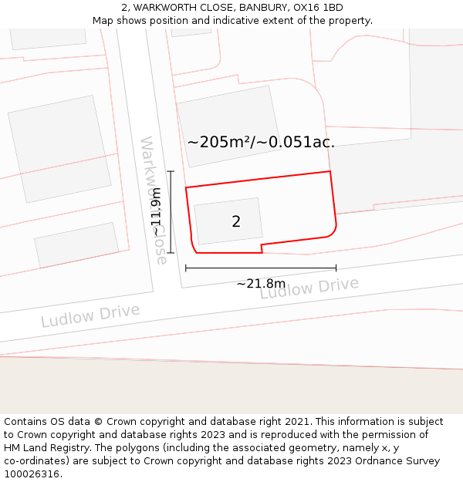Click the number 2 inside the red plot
point(236,222)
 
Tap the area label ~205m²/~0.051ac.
point(261,142)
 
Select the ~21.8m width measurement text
point(261,284)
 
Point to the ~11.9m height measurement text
point(157,211)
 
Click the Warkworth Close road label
point(154,201)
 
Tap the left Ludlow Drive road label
point(90,315)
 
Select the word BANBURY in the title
point(262,8)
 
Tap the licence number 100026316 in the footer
point(32,474)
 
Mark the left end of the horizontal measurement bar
point(186,268)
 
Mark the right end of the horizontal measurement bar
point(336,268)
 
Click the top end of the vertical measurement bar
point(171,172)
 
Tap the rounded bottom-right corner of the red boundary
point(333,233)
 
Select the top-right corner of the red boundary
point(330,171)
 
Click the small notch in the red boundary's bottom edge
point(262,248)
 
